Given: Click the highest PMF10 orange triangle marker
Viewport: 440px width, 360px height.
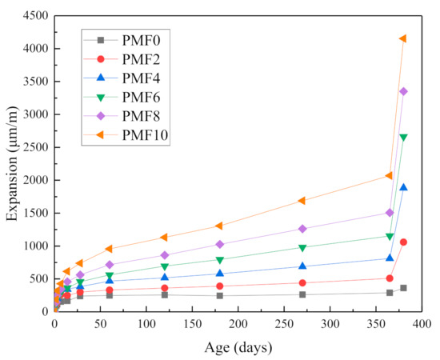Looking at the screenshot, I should pos(403,38).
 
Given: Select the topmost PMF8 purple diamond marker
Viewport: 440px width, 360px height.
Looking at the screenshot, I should pos(403,91).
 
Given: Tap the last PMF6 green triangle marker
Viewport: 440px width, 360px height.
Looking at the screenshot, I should pos(403,138).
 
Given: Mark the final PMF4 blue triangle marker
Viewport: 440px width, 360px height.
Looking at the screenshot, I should pos(403,187).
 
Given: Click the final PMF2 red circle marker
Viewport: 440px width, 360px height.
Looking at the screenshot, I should pos(403,242).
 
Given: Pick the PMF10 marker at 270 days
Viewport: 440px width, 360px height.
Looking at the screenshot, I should pos(302,201).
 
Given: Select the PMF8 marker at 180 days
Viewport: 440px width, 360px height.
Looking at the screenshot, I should pos(220,244).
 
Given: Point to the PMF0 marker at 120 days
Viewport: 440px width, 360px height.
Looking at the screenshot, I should pos(165,294).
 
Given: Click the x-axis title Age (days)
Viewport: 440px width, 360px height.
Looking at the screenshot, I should pos(238,347).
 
